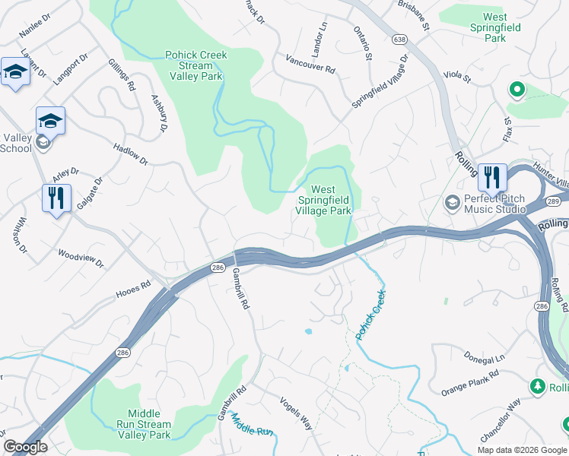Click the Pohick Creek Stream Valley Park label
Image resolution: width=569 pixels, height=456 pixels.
[x=196, y=65]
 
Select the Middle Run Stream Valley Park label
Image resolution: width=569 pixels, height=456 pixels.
[x=144, y=424]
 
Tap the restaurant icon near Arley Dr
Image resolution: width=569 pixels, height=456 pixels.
[x=57, y=198]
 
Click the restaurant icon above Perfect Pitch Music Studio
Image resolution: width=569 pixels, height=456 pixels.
[x=492, y=178]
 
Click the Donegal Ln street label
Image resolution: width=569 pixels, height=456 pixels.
[x=484, y=357]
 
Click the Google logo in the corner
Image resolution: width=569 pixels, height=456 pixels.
[x=25, y=447]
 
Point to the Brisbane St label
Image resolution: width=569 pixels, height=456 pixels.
[x=414, y=15]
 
